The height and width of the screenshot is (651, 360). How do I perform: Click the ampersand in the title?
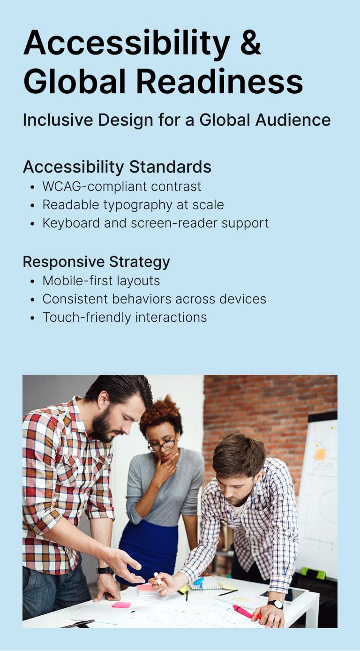[x=250, y=42]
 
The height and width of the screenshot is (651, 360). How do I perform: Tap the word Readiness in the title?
[x=220, y=81]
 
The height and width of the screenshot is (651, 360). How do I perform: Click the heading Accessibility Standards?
[x=117, y=167]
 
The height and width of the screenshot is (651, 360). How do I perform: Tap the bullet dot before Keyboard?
[x=32, y=224]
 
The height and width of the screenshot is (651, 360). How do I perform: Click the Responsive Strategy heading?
[x=97, y=262]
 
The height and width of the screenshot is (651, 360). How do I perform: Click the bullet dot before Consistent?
[x=32, y=300]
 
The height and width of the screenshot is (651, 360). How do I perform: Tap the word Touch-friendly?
[x=87, y=318]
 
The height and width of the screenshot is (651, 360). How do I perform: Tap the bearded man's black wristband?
[x=105, y=570]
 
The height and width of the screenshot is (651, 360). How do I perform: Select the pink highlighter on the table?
[x=243, y=612]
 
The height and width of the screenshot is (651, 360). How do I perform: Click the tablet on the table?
[x=282, y=594]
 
